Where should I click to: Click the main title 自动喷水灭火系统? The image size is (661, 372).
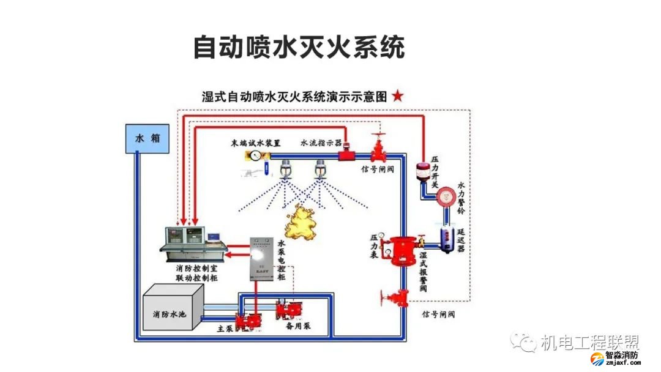point(299,46)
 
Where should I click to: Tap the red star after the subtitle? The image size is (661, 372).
point(398,96)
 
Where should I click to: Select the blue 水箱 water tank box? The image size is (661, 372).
point(147,138)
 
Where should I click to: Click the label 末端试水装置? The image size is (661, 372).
point(256,143)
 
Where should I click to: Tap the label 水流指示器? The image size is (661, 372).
point(321,143)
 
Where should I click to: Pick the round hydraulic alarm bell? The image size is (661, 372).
point(446,195)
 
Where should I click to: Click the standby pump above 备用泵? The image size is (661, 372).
point(289,309)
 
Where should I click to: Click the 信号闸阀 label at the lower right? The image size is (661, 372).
point(439,314)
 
